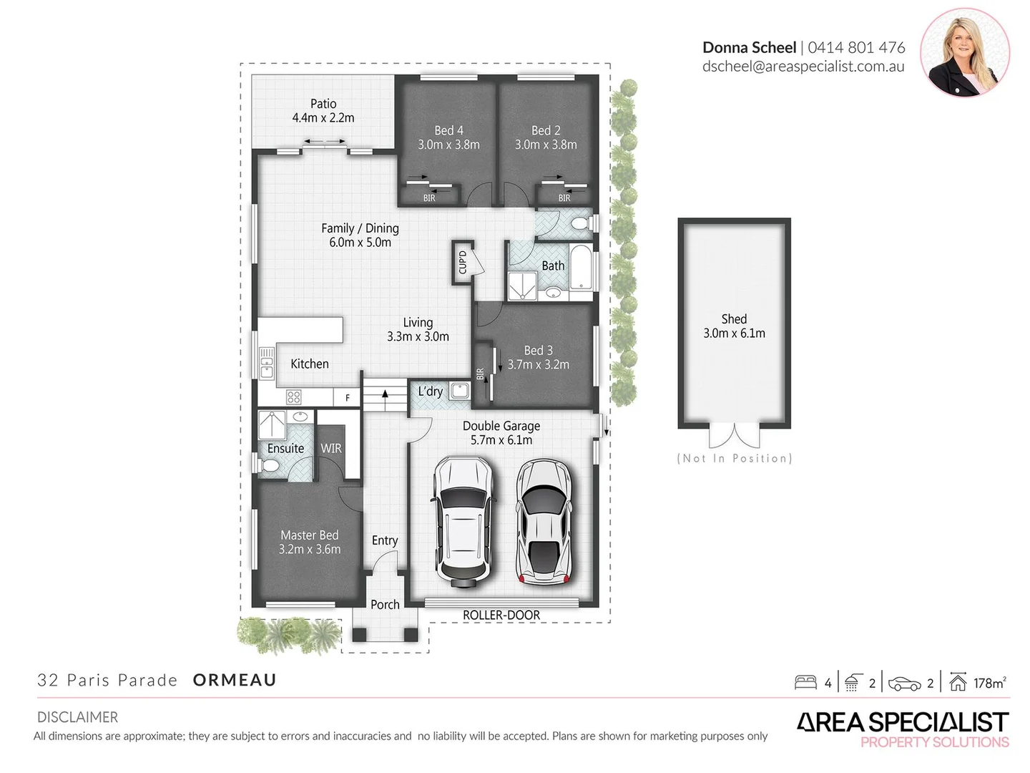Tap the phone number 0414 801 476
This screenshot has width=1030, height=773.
856,48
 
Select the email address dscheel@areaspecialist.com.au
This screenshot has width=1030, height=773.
803,67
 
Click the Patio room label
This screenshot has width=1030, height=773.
323,104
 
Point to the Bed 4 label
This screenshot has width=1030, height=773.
448,130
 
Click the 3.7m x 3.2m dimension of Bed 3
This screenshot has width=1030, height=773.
538,364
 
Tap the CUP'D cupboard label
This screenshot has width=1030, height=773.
462,262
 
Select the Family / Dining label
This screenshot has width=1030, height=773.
360,228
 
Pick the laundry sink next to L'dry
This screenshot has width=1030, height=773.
458,391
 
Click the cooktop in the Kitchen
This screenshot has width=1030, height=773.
293,397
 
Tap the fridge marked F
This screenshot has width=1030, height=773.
348,398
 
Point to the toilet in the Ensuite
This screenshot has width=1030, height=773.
270,466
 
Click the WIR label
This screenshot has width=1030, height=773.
330,449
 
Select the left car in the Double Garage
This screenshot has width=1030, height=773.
464,521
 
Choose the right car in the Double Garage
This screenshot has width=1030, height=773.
544,521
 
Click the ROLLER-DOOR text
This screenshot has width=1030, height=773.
501,615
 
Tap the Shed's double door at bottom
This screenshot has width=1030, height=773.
734,436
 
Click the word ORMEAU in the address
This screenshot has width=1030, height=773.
235,680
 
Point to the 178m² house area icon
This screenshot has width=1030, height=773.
958,682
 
